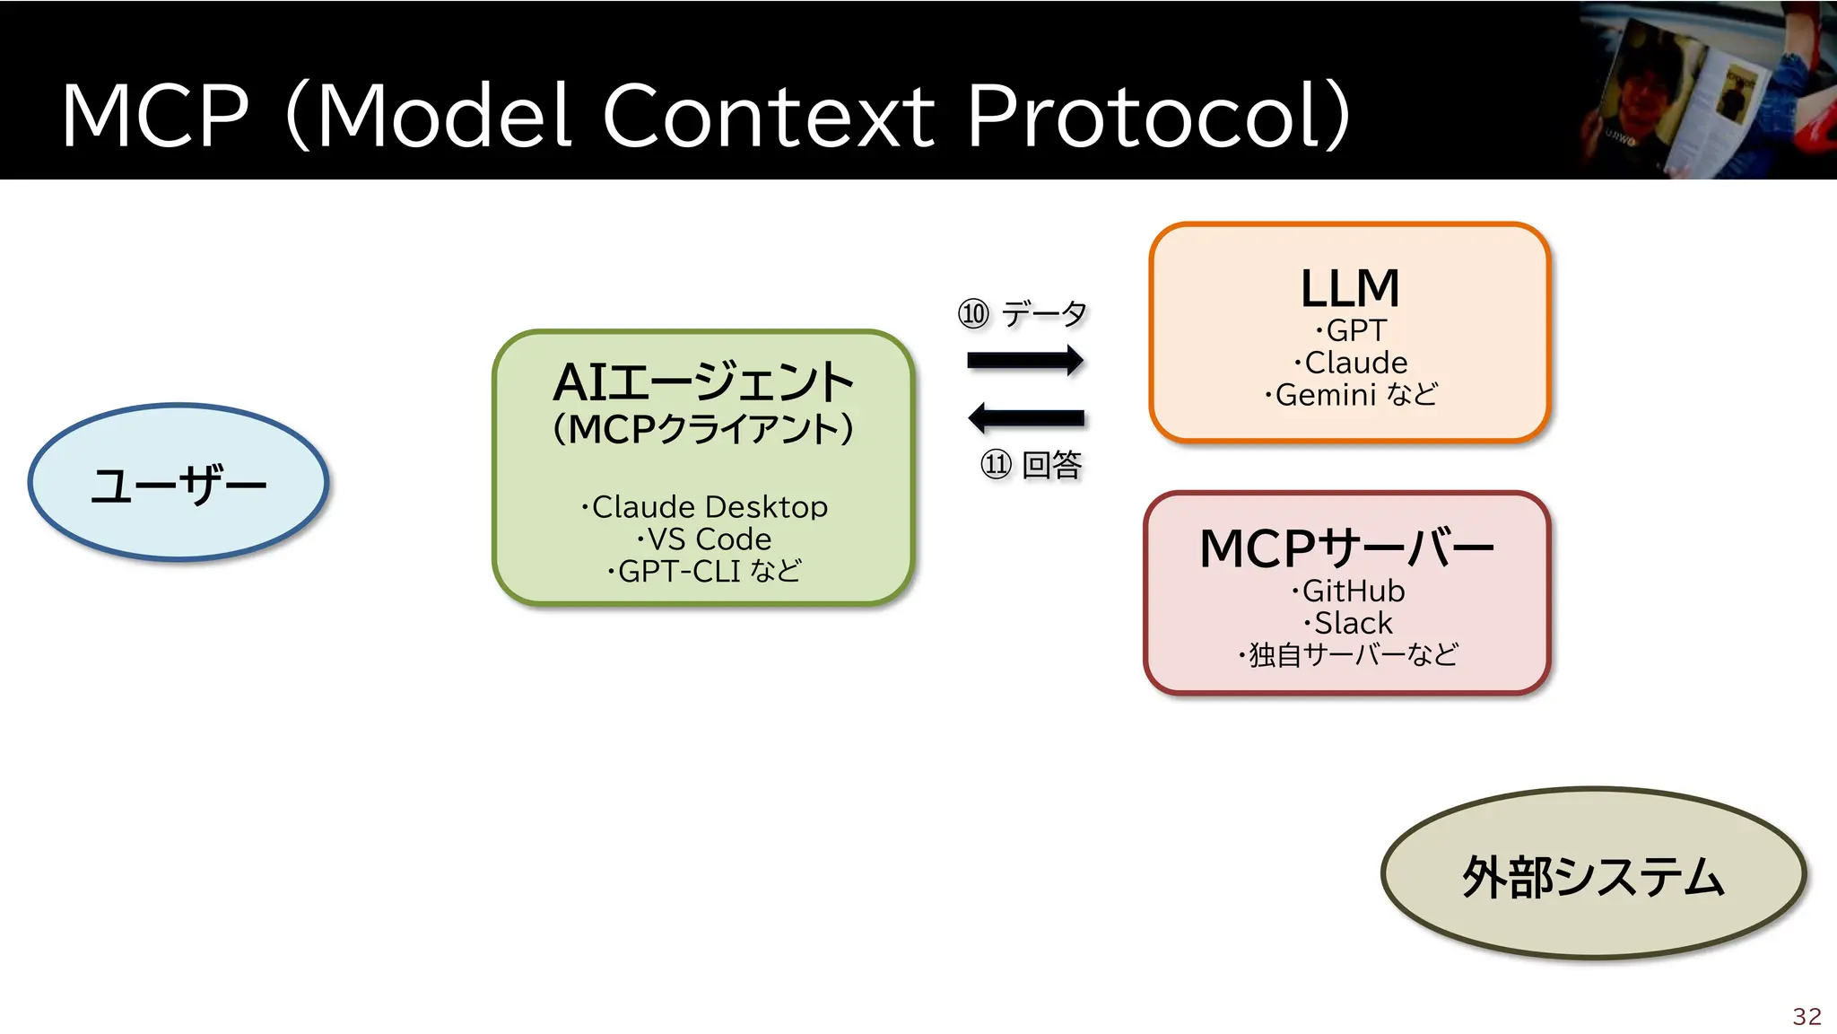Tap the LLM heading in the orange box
(1350, 288)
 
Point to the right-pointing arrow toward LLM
(1025, 361)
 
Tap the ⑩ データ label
(1023, 314)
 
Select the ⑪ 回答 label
(1031, 465)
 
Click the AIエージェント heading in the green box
(703, 382)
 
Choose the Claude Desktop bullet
(704, 507)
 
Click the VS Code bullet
(704, 539)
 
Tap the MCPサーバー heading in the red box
(1346, 548)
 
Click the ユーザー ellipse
(178, 484)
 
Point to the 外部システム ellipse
(1593, 875)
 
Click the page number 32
(1807, 1016)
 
